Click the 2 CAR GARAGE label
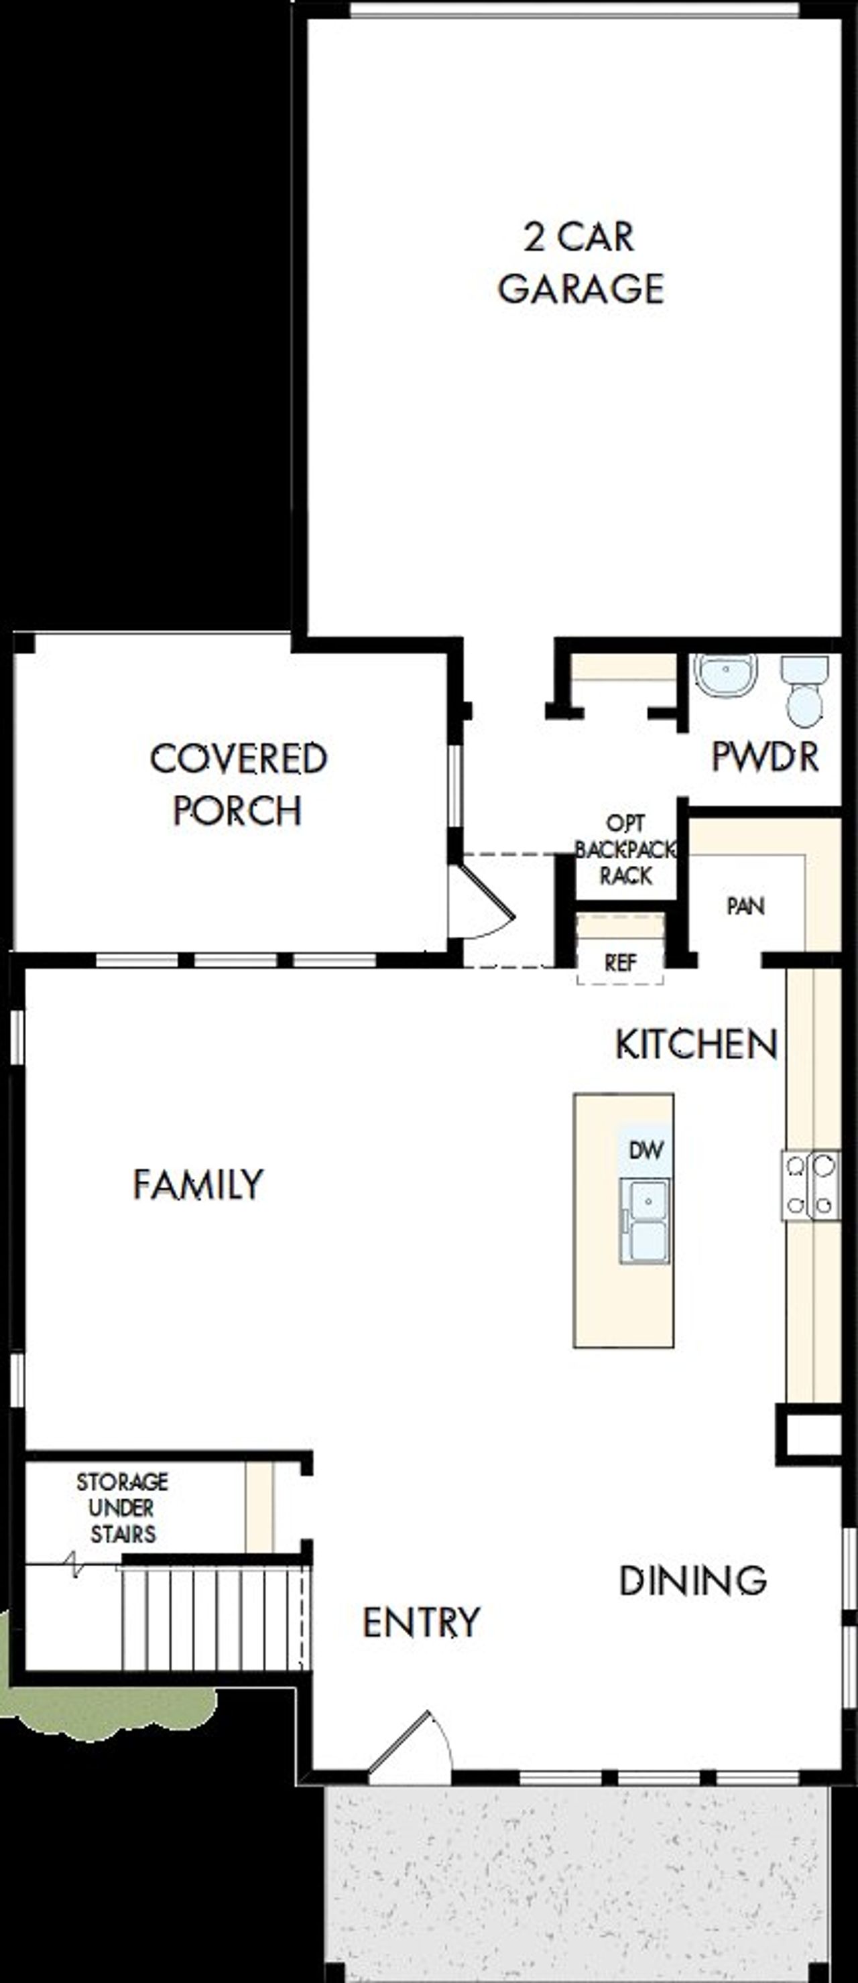pos(579,263)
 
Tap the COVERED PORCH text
pos(238,785)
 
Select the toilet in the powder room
pos(805,692)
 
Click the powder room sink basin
pos(725,676)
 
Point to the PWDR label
pos(764,757)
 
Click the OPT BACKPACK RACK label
pos(625,850)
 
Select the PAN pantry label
pos(745,906)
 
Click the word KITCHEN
pos(696,1045)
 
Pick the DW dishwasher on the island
pos(646,1150)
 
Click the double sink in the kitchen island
pos(645,1220)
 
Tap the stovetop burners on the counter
pos(810,1185)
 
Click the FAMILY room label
pos(198,1184)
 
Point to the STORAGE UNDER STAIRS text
pos(122,1508)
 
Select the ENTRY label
pos(420,1622)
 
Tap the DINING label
pos(692,1581)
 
